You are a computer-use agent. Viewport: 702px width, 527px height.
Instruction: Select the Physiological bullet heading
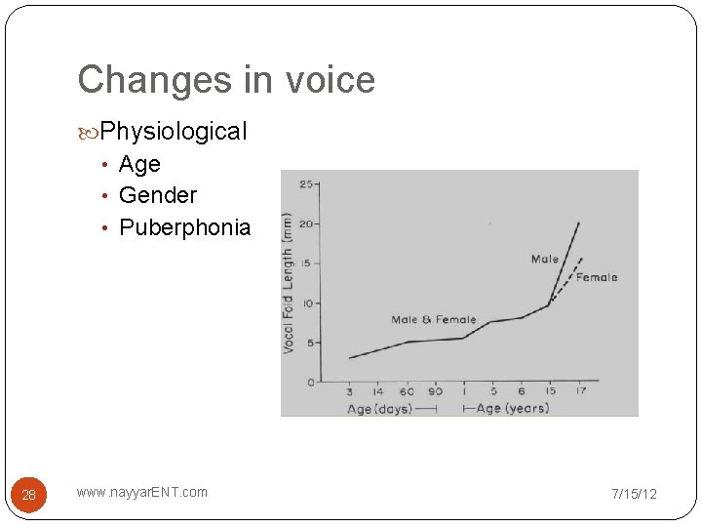[x=173, y=131]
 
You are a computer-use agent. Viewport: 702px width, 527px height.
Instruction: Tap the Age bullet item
[x=139, y=164]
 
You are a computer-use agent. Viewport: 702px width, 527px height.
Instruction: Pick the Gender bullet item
[x=157, y=195]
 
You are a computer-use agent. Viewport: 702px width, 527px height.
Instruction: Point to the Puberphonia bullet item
[x=184, y=227]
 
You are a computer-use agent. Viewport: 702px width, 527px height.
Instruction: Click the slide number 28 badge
[x=28, y=495]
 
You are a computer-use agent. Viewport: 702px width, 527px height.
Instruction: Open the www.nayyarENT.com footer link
[x=141, y=492]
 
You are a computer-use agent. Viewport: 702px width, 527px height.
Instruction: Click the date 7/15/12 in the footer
[x=634, y=494]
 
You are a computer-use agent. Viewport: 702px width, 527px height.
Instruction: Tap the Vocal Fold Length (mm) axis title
[x=290, y=284]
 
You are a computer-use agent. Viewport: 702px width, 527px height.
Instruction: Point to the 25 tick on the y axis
[x=306, y=183]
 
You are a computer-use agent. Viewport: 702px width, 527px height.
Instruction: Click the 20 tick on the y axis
[x=306, y=223]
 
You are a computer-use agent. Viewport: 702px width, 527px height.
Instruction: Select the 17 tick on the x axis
[x=579, y=392]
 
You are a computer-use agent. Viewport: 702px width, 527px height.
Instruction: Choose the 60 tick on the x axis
[x=408, y=392]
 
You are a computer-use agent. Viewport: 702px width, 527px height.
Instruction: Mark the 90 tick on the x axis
[x=436, y=392]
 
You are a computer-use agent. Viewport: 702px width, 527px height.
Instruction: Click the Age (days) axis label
[x=380, y=408]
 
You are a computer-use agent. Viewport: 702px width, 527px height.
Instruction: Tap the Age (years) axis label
[x=512, y=408]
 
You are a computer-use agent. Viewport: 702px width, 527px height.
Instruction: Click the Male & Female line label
[x=433, y=319]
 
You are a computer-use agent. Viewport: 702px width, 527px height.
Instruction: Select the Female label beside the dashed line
[x=597, y=277]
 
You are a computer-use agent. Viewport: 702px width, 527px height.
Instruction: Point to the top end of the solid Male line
[x=579, y=223]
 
